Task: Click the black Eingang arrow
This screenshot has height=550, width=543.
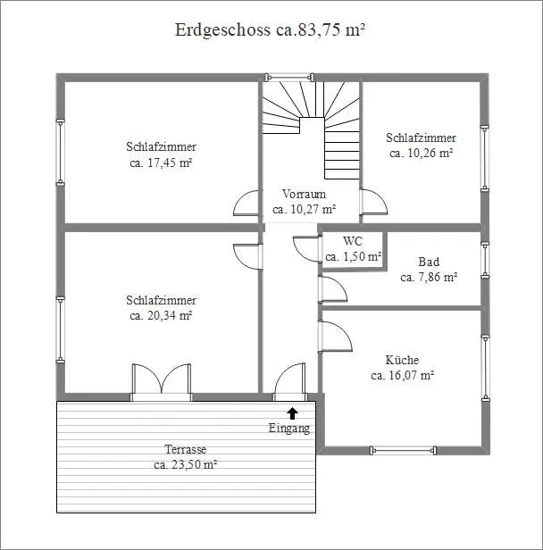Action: [293, 413]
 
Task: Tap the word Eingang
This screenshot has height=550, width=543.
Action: [289, 429]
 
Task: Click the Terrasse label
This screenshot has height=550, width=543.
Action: [185, 449]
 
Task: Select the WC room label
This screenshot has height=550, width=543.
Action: [353, 241]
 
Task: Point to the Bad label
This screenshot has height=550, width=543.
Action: [429, 262]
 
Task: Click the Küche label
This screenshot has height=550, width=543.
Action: [402, 360]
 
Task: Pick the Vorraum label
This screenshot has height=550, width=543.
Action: [304, 194]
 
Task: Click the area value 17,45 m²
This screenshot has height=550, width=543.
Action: [169, 162]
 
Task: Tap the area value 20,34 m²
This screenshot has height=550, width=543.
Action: [169, 316]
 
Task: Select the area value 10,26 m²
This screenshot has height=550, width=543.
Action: [429, 154]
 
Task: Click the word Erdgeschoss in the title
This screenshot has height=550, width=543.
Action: [222, 30]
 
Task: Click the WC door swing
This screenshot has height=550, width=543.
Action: [307, 249]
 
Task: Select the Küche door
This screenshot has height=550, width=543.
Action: [335, 336]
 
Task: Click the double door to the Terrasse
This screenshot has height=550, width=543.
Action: [162, 381]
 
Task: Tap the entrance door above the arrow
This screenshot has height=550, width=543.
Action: [289, 381]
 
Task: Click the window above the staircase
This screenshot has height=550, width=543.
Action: [289, 77]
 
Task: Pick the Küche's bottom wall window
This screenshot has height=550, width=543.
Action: [404, 450]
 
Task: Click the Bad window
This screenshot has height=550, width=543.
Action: [485, 260]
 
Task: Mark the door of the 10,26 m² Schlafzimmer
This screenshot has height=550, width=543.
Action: [373, 202]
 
